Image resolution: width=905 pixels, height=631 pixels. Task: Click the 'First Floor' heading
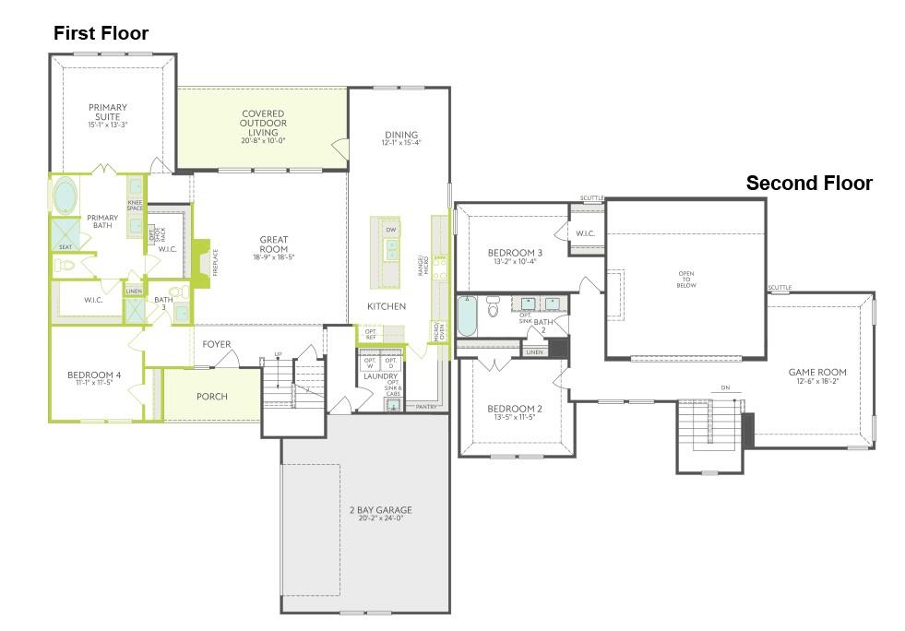101,33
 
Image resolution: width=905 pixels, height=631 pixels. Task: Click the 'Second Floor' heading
808,184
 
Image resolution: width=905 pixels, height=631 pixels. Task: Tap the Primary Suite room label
108,112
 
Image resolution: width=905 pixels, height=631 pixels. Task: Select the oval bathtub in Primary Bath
65,196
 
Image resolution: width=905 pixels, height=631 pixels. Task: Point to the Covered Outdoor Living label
262,123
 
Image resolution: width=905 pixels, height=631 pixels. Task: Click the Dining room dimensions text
401,143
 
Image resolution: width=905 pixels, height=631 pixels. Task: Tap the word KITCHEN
386,306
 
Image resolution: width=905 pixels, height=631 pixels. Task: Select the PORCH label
212,397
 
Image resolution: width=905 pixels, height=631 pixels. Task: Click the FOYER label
217,344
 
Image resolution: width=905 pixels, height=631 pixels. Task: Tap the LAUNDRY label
380,376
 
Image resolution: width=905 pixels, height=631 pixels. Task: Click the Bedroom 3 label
515,253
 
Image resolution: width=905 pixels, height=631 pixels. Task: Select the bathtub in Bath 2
468,316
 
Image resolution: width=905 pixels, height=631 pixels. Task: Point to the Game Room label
816,373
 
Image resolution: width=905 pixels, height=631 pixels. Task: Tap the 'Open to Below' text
685,280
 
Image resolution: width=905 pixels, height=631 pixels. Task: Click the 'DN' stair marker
725,387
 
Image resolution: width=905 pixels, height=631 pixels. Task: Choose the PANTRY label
426,406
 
